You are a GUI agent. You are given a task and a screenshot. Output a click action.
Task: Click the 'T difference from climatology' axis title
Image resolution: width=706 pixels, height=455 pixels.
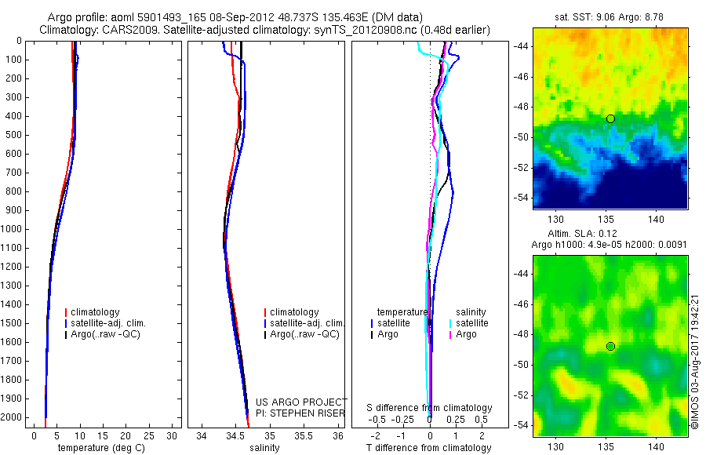(x=428, y=448)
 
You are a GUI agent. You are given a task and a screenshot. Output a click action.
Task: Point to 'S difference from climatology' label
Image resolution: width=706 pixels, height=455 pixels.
(x=430, y=408)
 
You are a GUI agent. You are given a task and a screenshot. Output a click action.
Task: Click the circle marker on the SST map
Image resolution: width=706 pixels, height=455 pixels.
(x=610, y=118)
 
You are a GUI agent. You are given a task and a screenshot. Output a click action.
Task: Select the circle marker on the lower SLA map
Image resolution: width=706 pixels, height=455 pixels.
(x=610, y=346)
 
